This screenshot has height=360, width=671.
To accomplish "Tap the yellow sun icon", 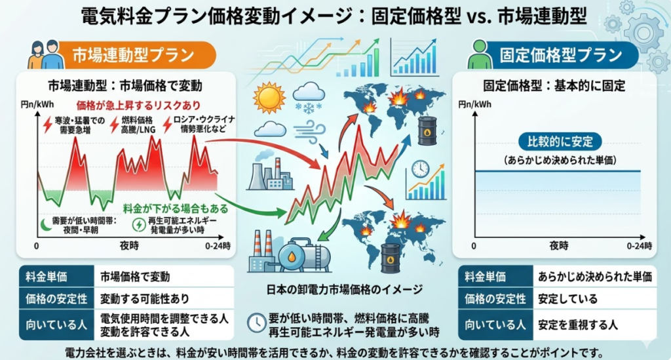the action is pyautogui.click(x=269, y=98).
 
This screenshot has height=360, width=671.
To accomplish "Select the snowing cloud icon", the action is pyautogui.click(x=309, y=97).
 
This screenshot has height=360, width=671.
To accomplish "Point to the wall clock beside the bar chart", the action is pyautogui.click(x=420, y=169).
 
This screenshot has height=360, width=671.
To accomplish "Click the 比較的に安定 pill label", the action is pyautogui.click(x=560, y=142).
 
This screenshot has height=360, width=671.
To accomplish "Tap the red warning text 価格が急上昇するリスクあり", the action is pyautogui.click(x=138, y=106).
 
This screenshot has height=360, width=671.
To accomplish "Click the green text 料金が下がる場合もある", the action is pyautogui.click(x=176, y=209).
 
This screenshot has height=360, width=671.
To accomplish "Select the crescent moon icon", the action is pyautogui.click(x=46, y=225).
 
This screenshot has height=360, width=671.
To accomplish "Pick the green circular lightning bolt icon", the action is pyautogui.click(x=139, y=225).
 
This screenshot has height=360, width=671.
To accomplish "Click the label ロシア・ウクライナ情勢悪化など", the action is pyautogui.click(x=204, y=124).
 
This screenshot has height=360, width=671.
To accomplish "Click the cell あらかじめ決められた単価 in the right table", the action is pyautogui.click(x=595, y=277).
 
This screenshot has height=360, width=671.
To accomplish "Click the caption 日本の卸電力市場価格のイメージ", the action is pyautogui.click(x=345, y=290).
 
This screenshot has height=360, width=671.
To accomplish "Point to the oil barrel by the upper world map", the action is pyautogui.click(x=427, y=130).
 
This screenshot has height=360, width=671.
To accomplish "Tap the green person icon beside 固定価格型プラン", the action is pyautogui.click(x=480, y=54).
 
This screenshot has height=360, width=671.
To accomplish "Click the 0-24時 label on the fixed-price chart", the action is pyautogui.click(x=640, y=246).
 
